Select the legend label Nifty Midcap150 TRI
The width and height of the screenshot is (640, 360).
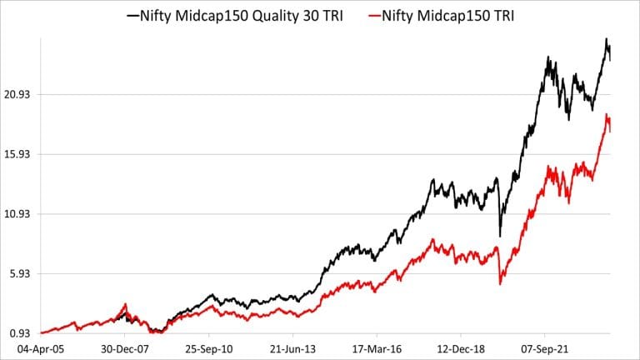pos(452,15)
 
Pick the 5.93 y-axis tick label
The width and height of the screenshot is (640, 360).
pos(19,274)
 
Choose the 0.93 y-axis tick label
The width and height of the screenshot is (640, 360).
pos(19,333)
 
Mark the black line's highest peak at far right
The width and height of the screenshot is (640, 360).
pos(607,39)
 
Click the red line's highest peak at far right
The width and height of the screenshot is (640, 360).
pos(607,114)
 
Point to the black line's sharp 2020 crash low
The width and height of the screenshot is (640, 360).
pos(499,236)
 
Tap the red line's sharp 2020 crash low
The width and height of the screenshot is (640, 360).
pos(499,284)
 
